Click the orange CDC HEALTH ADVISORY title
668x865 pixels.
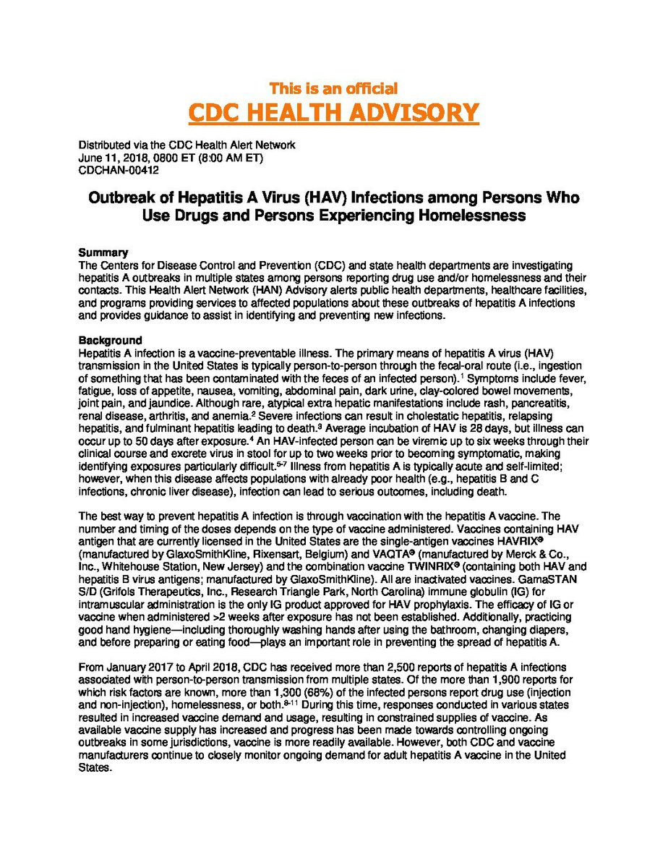click(x=333, y=113)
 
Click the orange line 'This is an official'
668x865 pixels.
click(x=333, y=88)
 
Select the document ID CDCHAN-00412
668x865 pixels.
click(x=119, y=170)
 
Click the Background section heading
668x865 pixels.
click(x=110, y=340)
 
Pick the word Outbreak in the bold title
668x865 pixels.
click(x=121, y=197)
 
